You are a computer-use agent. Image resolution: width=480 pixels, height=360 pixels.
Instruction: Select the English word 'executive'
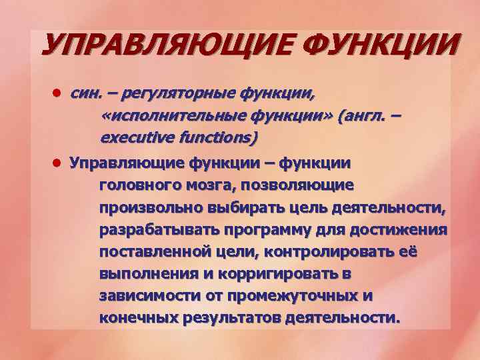(132, 139)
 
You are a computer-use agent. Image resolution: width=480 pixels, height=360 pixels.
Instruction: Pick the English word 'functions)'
(212, 139)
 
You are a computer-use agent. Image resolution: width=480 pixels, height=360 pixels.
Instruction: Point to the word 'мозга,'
(214, 185)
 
